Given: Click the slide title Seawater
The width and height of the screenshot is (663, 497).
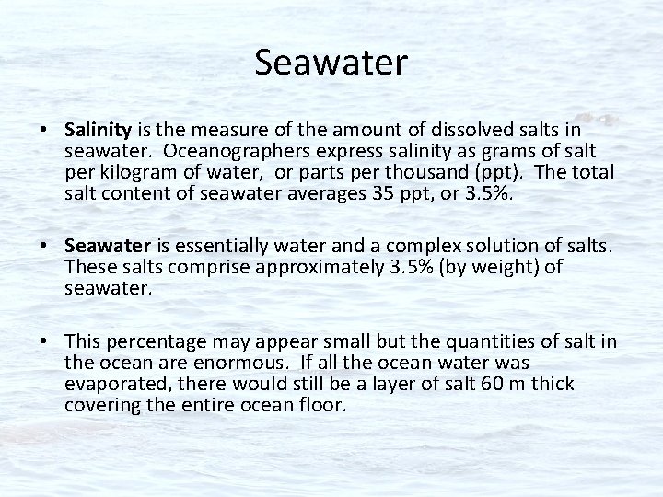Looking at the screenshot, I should [x=331, y=64].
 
